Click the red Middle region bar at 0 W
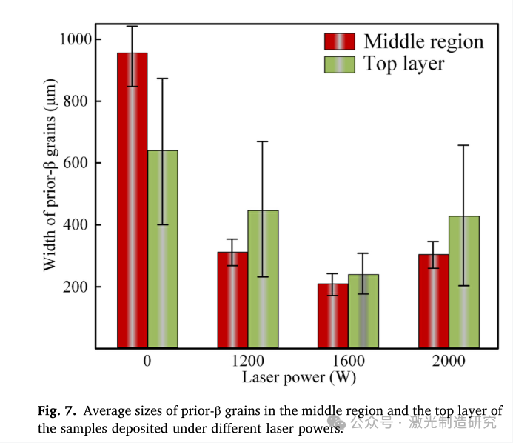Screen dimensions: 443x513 pyautogui.click(x=133, y=200)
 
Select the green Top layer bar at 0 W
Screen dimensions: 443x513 pyautogui.click(x=163, y=249)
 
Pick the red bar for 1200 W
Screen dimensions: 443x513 pyautogui.click(x=232, y=300)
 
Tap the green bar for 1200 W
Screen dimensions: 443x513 pyautogui.click(x=263, y=279)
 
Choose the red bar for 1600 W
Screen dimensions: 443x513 pyautogui.click(x=333, y=316)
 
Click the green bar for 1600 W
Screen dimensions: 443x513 pyautogui.click(x=363, y=311)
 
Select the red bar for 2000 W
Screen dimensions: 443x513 pyautogui.click(x=434, y=301)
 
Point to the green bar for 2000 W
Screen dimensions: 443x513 pyautogui.click(x=464, y=282)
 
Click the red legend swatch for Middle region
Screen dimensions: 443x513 pyautogui.click(x=340, y=41)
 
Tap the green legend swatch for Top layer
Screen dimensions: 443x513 pyautogui.click(x=340, y=64)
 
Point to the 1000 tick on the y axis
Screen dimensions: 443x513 pyautogui.click(x=77, y=39)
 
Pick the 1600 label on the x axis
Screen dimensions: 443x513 pyautogui.click(x=348, y=362)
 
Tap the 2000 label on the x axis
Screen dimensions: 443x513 pyautogui.click(x=449, y=362)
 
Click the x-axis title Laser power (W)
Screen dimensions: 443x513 pyautogui.click(x=298, y=377)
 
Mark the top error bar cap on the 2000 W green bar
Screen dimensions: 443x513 pyautogui.click(x=464, y=145)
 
